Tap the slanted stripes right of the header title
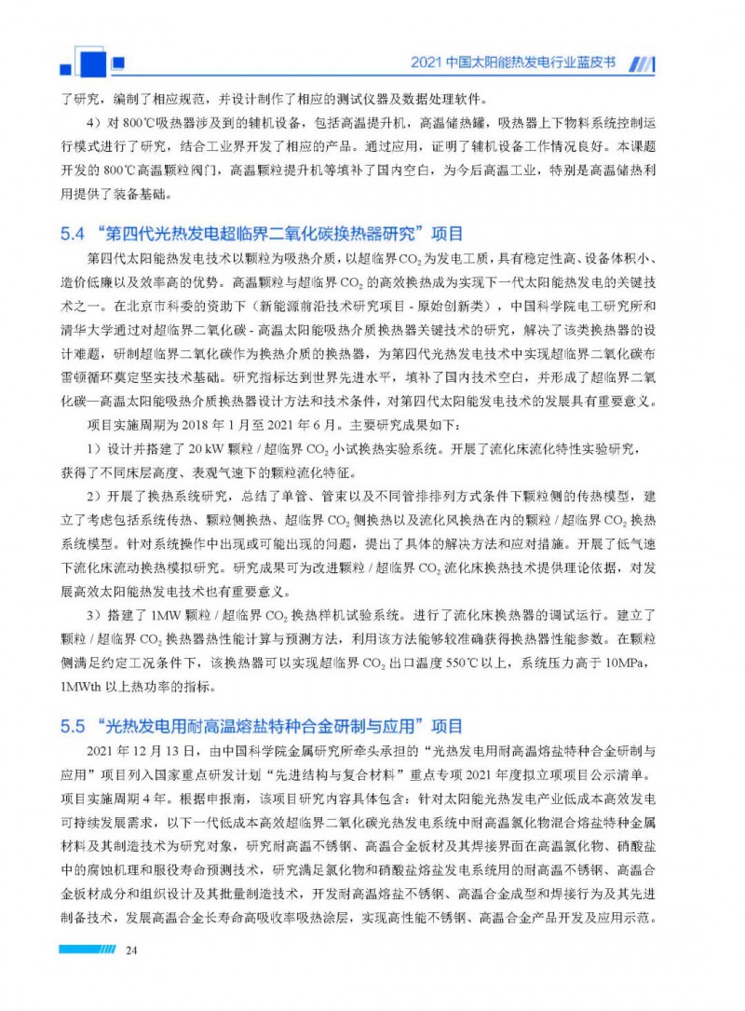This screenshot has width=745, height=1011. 643,64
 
